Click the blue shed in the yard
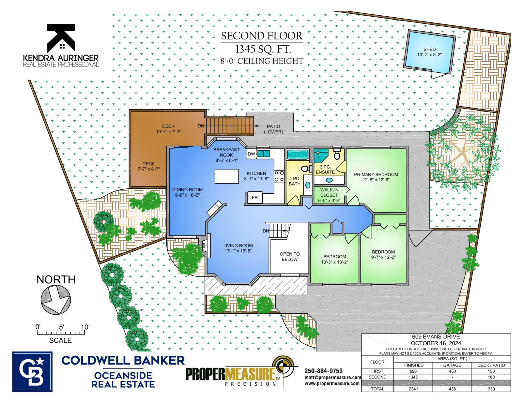pos(429,52)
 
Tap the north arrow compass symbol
pos(56,300)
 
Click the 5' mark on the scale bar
pos(61,327)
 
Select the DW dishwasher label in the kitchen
pos(251,154)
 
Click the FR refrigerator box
pos(255,198)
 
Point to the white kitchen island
pos(226,176)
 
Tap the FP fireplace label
pos(205,245)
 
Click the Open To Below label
pos(289,257)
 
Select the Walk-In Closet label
pos(329,192)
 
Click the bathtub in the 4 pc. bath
pos(298,154)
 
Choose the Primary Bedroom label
pos(376,174)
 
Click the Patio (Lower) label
pos(273,129)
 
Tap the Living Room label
pos(238,246)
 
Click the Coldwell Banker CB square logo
pos(32,372)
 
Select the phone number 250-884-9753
pos(323,371)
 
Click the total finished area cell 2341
pos(413,389)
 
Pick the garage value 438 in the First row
pos(452,371)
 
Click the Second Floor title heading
pos(262,36)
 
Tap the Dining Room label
pos(187,190)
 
